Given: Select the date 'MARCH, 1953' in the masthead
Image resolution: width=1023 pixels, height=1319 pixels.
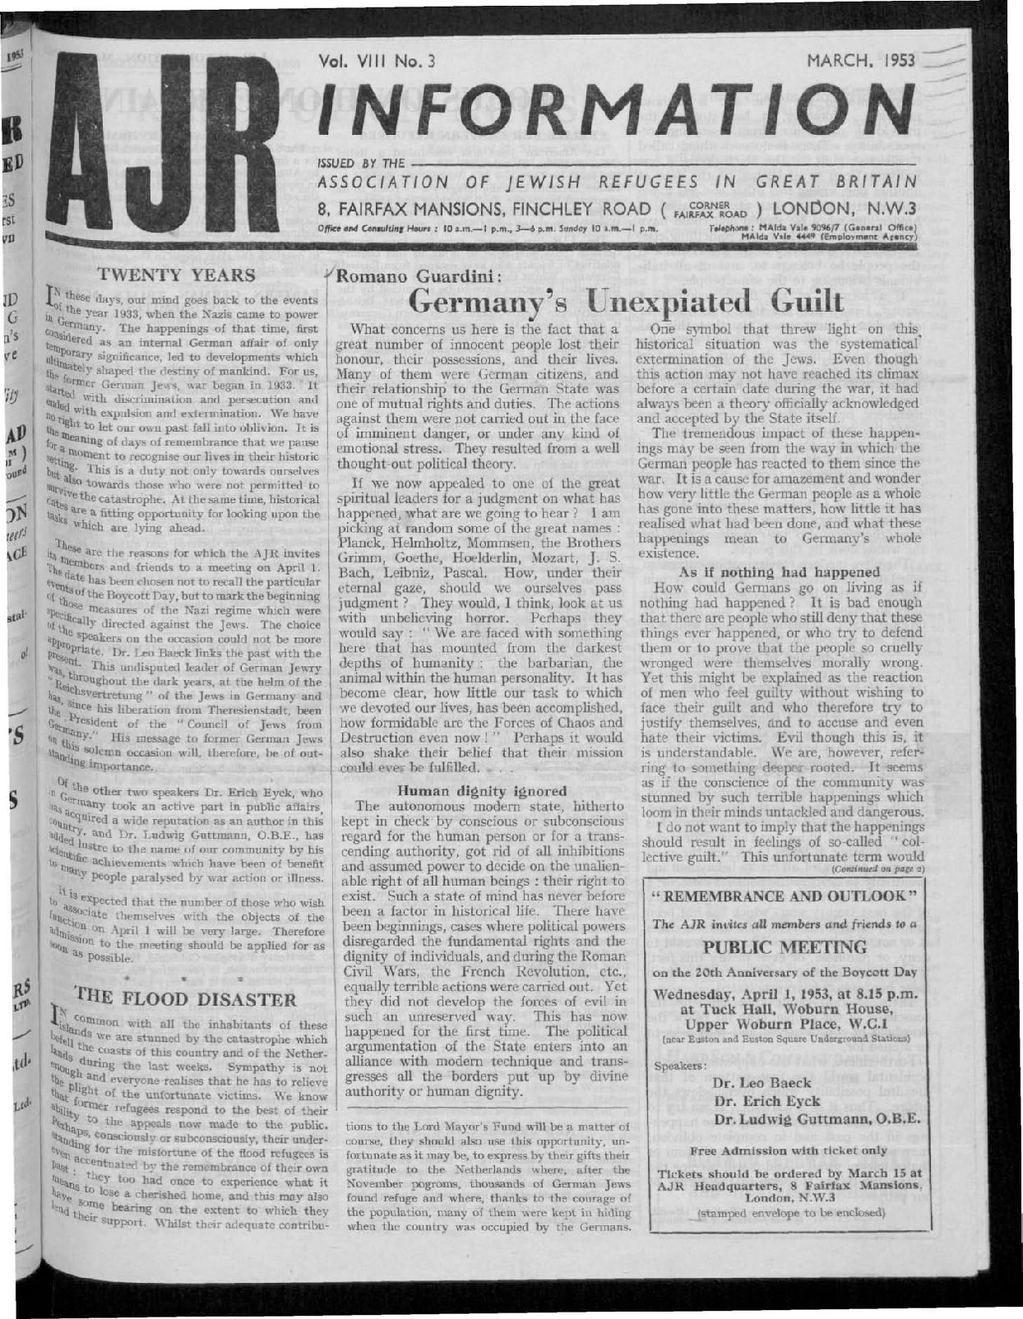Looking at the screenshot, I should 861,60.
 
